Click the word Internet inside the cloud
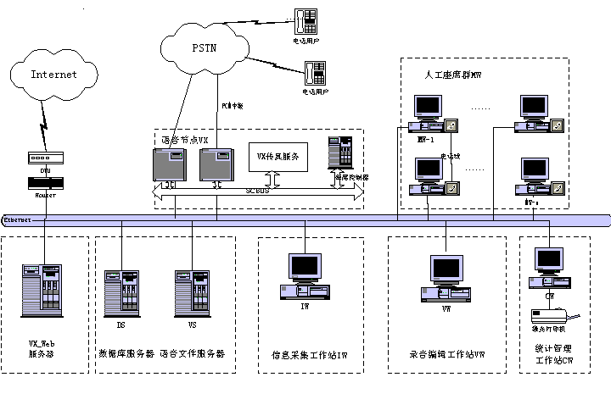54,75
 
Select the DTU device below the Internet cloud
41,158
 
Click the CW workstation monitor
549,258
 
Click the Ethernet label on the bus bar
17,219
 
